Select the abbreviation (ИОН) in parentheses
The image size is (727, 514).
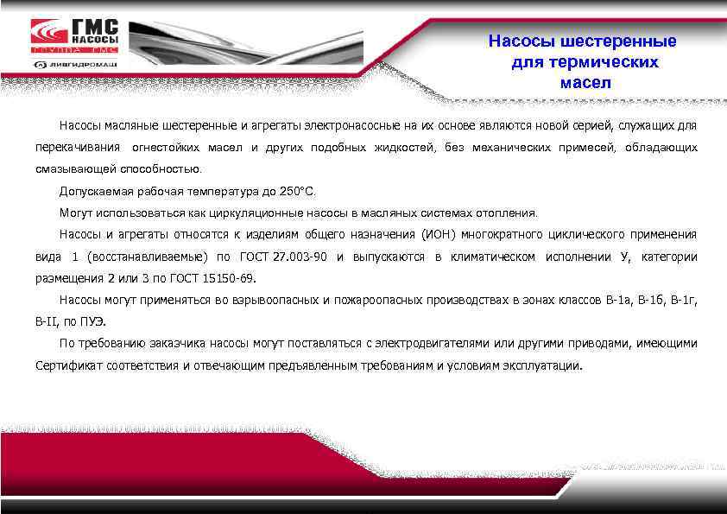(440, 235)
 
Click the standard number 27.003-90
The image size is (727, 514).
(300, 257)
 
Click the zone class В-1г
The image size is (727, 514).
(684, 300)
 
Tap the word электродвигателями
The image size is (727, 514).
(427, 344)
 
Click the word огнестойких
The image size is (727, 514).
(162, 148)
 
